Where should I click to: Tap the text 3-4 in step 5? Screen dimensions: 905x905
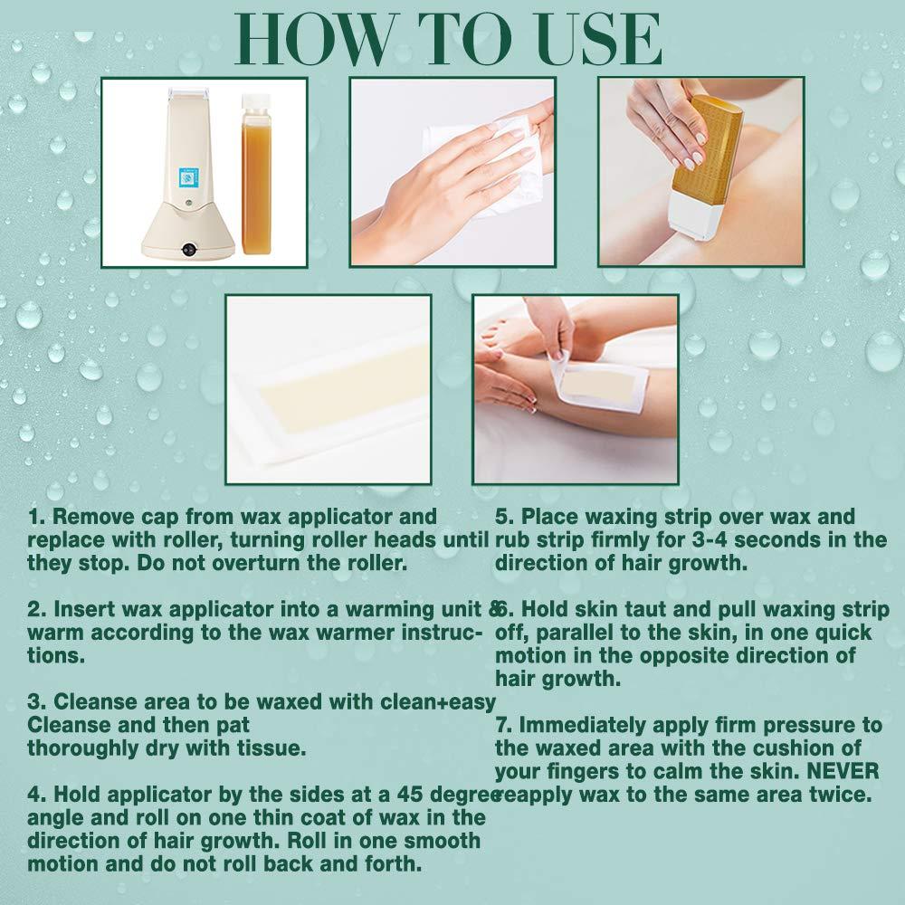click(x=688, y=541)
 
